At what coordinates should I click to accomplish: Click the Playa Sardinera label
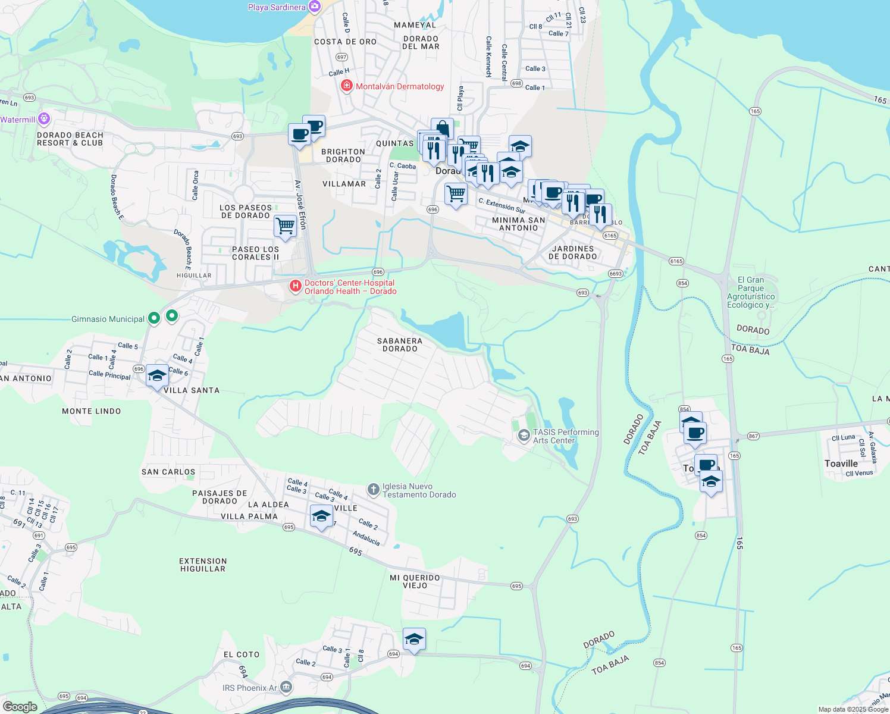(x=277, y=7)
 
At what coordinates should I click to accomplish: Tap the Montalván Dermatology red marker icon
(x=346, y=86)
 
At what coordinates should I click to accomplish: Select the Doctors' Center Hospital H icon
(x=295, y=287)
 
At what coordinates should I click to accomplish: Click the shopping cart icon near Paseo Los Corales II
(x=285, y=226)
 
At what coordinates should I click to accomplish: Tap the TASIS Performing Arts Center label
(x=565, y=436)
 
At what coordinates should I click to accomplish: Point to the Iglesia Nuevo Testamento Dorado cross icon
(x=373, y=490)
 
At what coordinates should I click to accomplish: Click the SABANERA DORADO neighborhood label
(x=400, y=345)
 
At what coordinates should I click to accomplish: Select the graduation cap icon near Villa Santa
(x=157, y=375)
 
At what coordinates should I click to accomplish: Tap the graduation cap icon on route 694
(x=414, y=640)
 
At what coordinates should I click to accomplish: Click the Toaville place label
(x=841, y=464)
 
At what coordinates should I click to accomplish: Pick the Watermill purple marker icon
(x=44, y=119)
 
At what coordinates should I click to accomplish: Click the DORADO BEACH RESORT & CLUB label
(x=70, y=139)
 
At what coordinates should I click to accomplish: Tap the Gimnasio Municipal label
(x=108, y=319)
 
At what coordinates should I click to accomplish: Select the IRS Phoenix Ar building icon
(x=286, y=687)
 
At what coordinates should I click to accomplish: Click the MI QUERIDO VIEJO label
(x=415, y=581)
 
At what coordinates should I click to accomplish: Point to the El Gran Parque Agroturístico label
(x=751, y=292)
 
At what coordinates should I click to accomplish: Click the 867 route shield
(x=753, y=436)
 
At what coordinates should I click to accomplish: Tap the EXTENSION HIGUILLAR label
(x=203, y=565)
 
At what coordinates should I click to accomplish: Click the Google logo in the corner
(x=20, y=706)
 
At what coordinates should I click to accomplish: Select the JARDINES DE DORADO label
(x=572, y=252)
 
